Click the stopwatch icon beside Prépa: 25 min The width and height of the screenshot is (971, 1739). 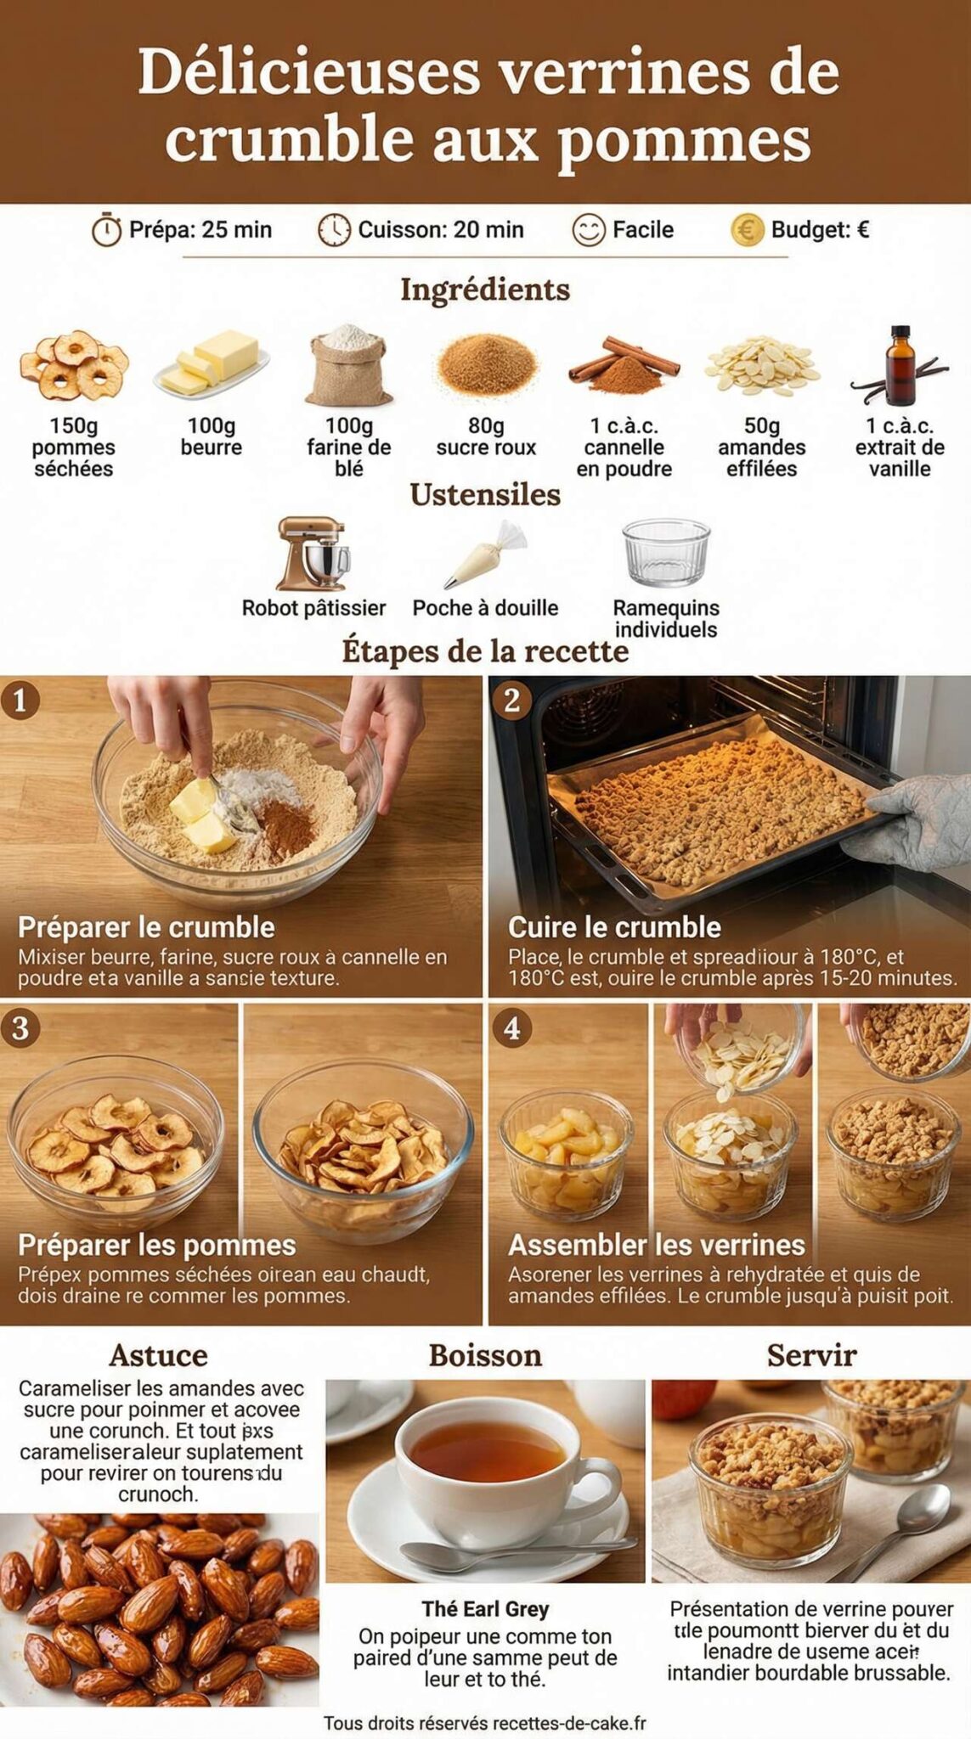click(106, 229)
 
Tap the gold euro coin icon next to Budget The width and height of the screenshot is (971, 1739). click(747, 229)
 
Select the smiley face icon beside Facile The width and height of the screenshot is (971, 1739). click(588, 229)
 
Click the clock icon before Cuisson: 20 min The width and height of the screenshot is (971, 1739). click(334, 229)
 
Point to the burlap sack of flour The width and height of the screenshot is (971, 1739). click(348, 367)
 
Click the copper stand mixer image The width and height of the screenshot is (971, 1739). click(313, 554)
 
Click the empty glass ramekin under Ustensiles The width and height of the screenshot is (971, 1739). click(665, 553)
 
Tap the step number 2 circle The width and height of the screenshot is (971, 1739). click(511, 701)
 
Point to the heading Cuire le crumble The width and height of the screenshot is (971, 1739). click(614, 926)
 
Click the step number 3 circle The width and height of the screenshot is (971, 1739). click(20, 1027)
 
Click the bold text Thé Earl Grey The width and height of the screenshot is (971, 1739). click(485, 1609)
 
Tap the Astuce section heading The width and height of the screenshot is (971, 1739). click(158, 1355)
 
